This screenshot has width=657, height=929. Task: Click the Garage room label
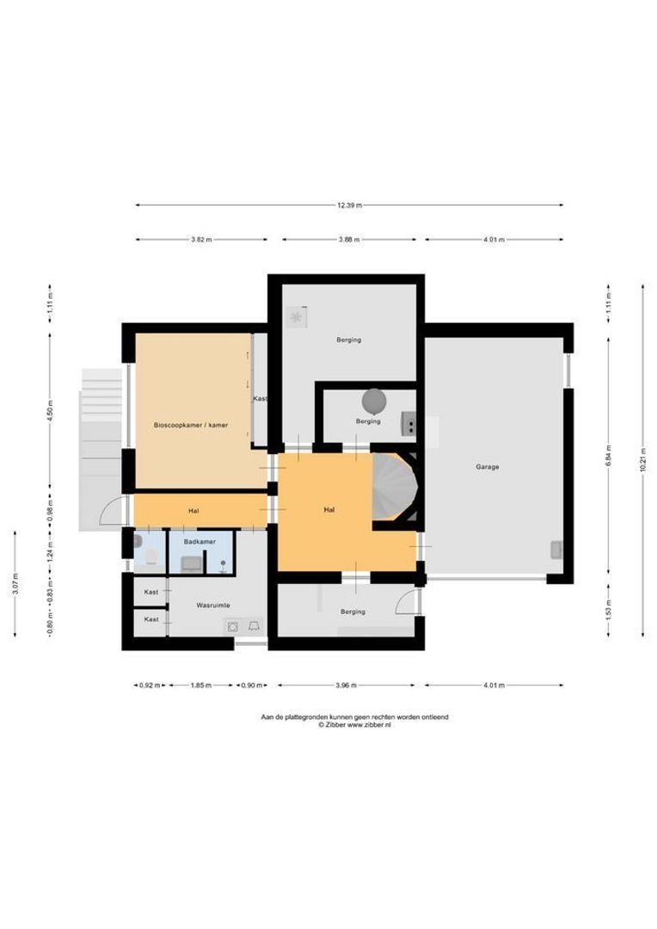tap(487, 467)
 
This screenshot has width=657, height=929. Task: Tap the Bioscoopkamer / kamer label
tap(191, 425)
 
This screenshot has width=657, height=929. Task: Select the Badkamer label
tap(200, 542)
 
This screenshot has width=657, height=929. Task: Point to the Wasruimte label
tap(212, 606)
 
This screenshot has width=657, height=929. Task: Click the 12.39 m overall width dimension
tap(349, 206)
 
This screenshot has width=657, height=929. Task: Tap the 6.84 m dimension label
tap(609, 455)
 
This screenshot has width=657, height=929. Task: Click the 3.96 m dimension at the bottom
tap(346, 686)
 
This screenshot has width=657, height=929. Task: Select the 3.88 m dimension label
tap(349, 240)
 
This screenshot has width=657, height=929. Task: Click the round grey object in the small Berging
tap(374, 401)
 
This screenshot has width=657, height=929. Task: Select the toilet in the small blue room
tap(151, 557)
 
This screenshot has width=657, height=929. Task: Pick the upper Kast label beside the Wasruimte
tap(151, 592)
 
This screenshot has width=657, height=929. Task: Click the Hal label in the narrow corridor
tap(193, 511)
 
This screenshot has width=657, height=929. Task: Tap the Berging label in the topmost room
tap(348, 340)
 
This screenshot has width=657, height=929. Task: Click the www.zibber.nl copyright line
tap(354, 724)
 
